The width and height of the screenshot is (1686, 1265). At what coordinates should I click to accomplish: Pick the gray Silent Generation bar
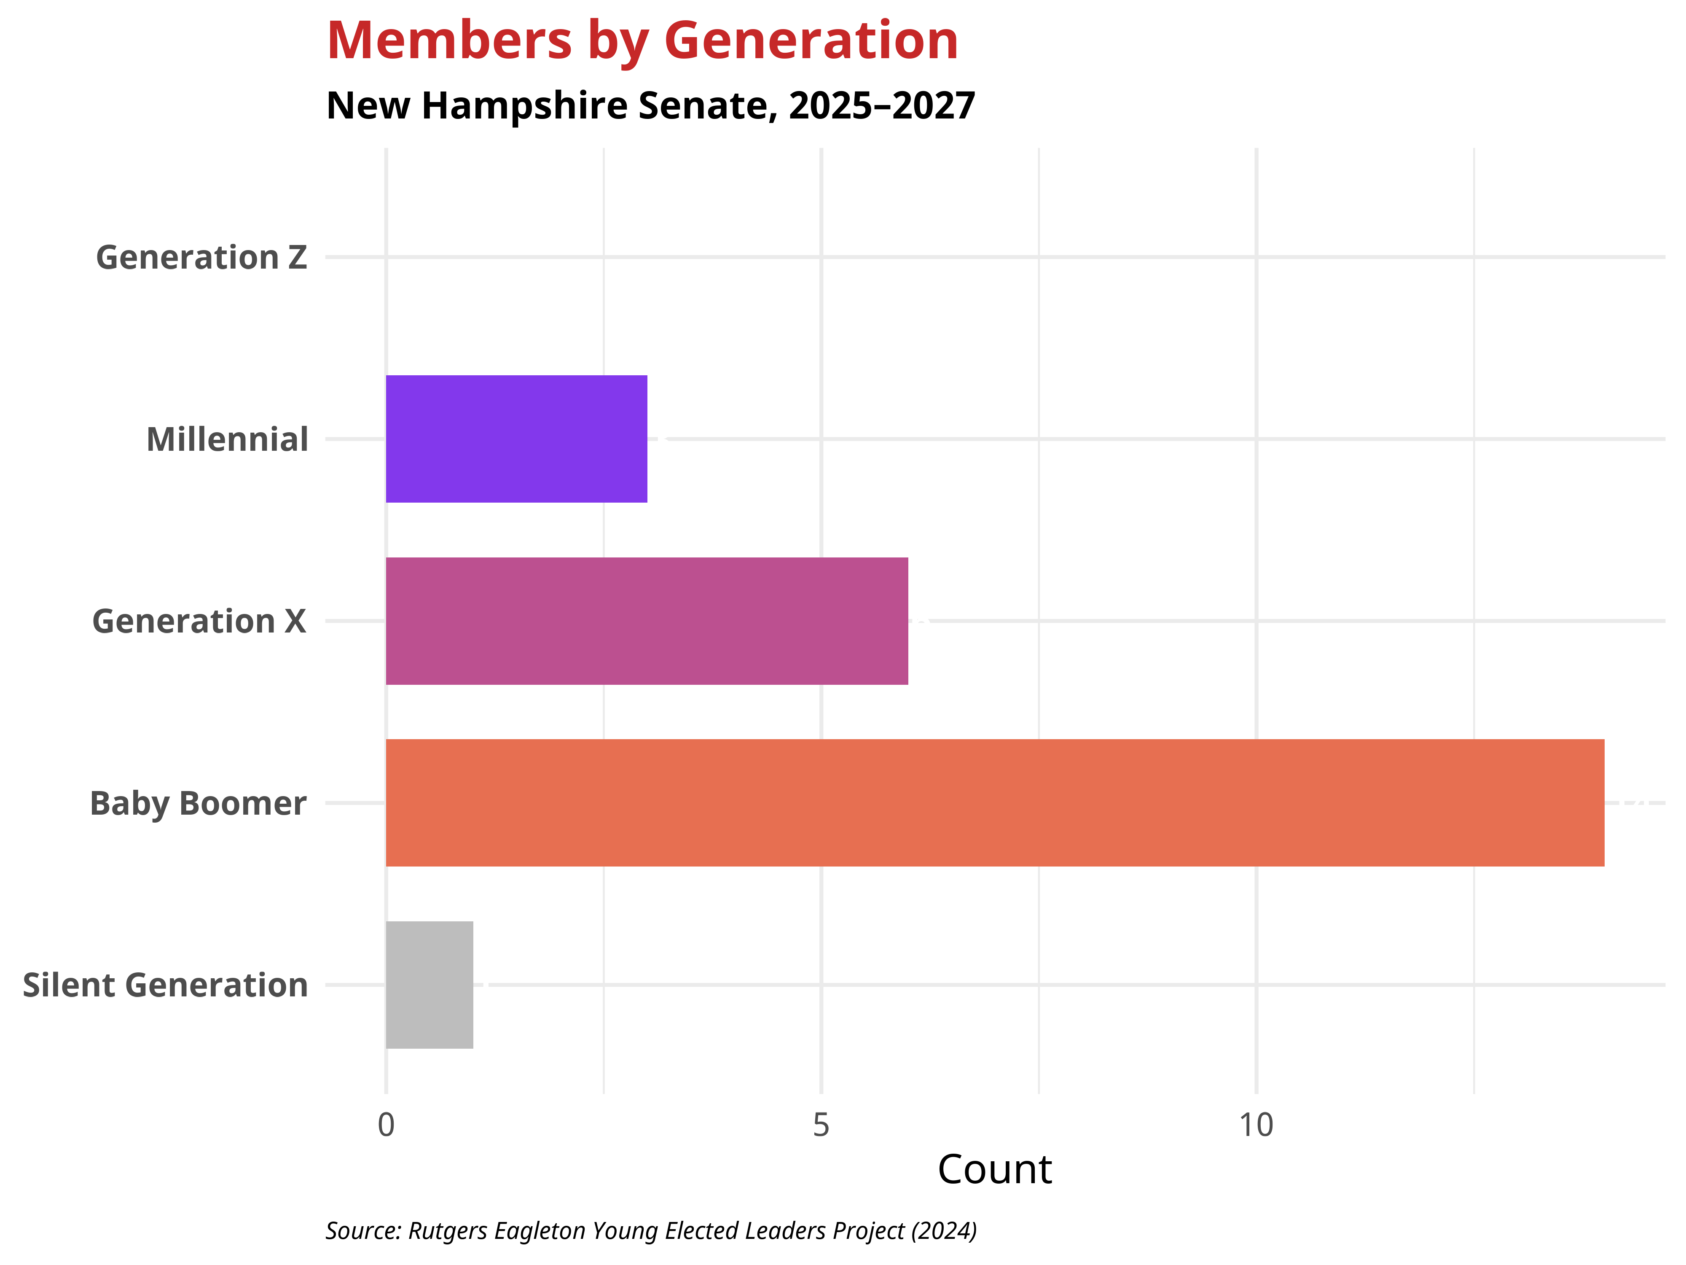[x=429, y=985]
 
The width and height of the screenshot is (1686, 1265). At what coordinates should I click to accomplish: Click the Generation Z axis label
[x=201, y=258]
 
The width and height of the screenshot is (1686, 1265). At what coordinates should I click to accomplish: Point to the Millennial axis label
[x=227, y=440]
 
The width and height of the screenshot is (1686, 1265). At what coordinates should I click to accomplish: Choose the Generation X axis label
[x=199, y=622]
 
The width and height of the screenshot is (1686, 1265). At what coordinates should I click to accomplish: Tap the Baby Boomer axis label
[x=198, y=804]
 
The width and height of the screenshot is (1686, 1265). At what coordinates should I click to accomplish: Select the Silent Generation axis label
[x=165, y=985]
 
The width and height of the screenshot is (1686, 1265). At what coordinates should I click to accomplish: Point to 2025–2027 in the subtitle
[x=882, y=105]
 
